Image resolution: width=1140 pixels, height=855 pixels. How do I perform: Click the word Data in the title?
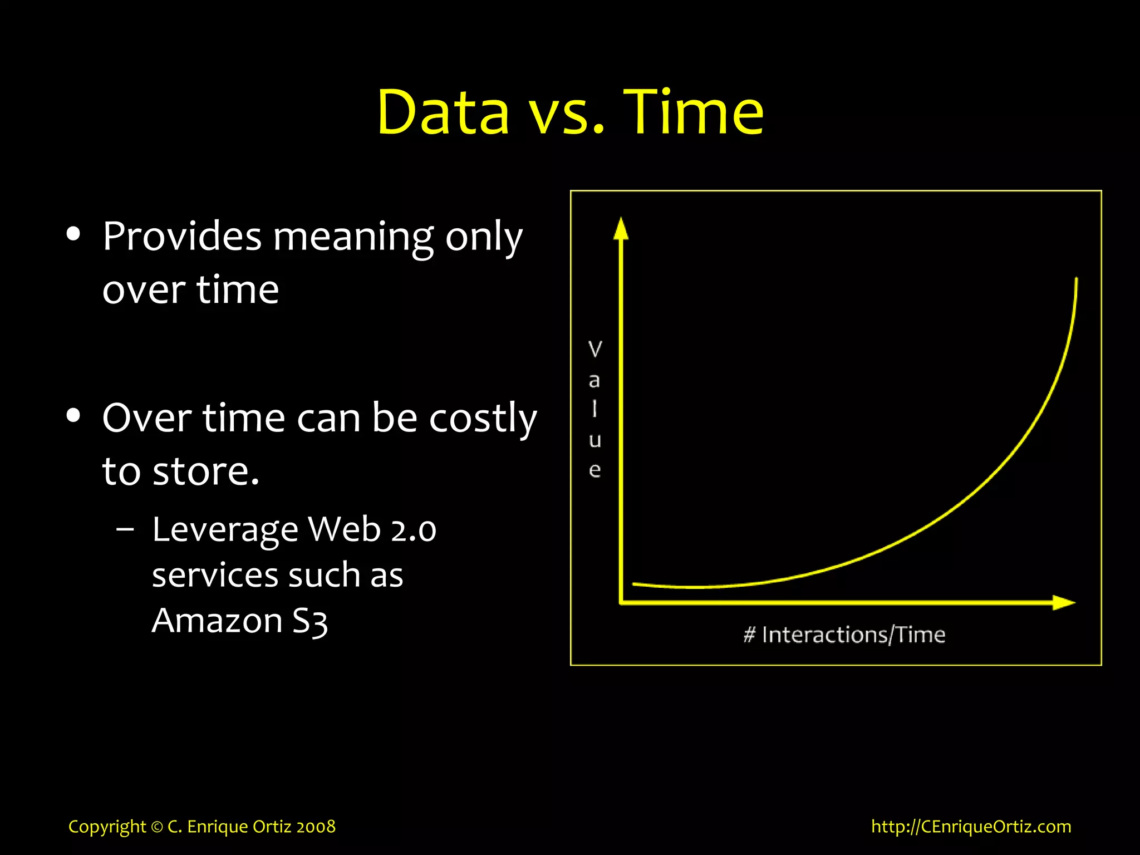pyautogui.click(x=443, y=113)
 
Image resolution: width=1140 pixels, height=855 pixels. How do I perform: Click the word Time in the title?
pyautogui.click(x=693, y=113)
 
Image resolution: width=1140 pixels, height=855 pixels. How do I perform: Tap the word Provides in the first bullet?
pyautogui.click(x=181, y=237)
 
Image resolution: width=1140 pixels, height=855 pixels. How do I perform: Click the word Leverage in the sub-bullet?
pyautogui.click(x=225, y=530)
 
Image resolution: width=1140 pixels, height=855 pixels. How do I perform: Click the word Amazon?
pyautogui.click(x=217, y=621)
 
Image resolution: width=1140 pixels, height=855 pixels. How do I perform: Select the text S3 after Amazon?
pyautogui.click(x=310, y=621)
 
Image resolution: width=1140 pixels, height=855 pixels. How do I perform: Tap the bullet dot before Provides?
pyautogui.click(x=73, y=234)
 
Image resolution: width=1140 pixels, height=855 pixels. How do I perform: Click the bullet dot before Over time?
pyautogui.click(x=73, y=415)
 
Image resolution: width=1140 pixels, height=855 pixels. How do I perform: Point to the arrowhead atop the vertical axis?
pyautogui.click(x=621, y=228)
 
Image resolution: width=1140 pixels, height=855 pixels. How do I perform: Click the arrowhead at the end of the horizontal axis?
pyautogui.click(x=1064, y=602)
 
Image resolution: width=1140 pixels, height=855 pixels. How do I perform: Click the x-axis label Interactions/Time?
pyautogui.click(x=853, y=635)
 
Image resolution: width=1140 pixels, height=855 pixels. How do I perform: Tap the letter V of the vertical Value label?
pyautogui.click(x=595, y=350)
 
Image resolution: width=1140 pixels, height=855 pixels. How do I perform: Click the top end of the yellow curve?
pyautogui.click(x=1076, y=279)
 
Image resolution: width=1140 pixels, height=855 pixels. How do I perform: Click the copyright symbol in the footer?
pyautogui.click(x=157, y=827)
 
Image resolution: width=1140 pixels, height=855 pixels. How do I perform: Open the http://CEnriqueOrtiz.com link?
pyautogui.click(x=971, y=827)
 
